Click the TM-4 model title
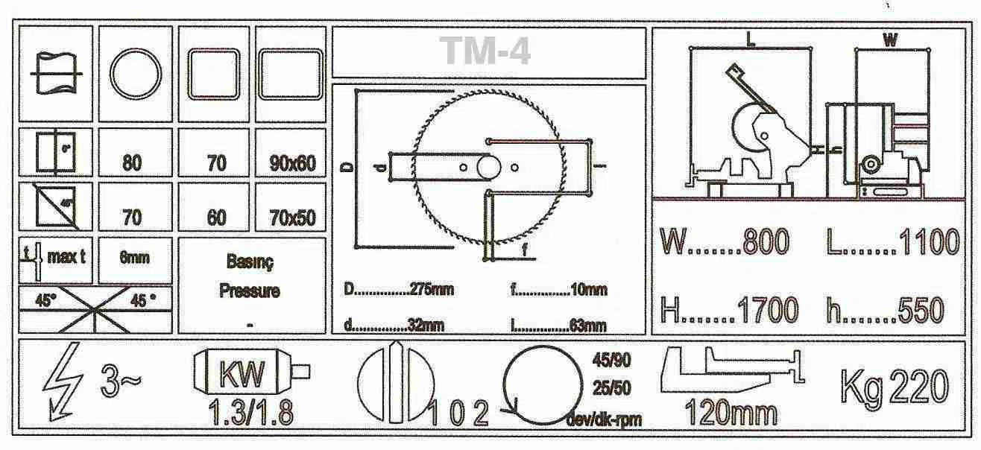[x=487, y=51]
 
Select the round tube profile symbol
[x=136, y=75]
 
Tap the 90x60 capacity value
[x=291, y=163]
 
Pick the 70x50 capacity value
[x=291, y=218]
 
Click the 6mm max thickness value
[x=135, y=258]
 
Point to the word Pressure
[x=249, y=291]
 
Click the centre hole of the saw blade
[x=488, y=167]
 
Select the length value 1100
[x=930, y=243]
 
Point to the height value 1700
[x=769, y=310]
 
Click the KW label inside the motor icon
[x=242, y=375]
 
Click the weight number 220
[x=918, y=387]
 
